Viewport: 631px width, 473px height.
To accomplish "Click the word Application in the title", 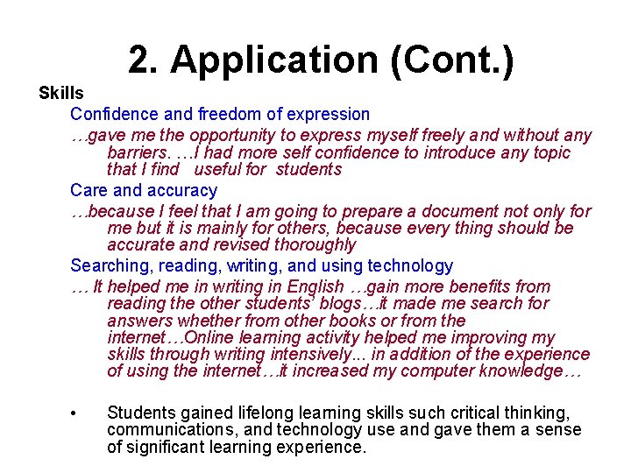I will (x=273, y=60).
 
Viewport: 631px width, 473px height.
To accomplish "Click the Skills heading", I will (x=61, y=93).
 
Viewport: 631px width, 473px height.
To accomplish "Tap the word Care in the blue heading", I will (x=89, y=190).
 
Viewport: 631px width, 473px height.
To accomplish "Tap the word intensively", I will (x=314, y=355).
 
